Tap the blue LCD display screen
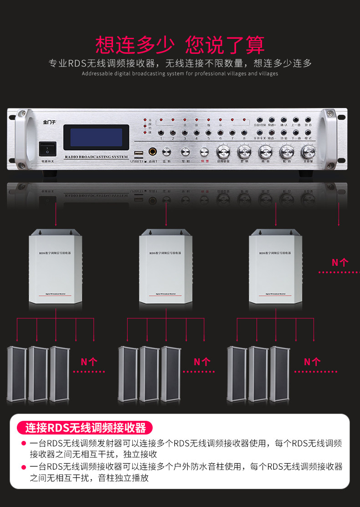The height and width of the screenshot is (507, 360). click(96, 137)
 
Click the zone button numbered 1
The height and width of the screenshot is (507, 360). click(161, 133)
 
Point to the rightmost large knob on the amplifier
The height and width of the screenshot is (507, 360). click(308, 151)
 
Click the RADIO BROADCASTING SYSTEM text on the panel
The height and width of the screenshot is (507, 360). click(96, 156)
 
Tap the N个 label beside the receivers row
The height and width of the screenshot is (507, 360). click(340, 262)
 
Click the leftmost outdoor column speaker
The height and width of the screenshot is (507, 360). click(16, 374)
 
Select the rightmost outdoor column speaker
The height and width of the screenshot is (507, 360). click(279, 374)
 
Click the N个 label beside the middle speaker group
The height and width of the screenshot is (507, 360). click(202, 362)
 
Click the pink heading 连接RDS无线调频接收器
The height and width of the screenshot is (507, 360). click(85, 428)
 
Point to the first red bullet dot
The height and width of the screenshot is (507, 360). click(23, 444)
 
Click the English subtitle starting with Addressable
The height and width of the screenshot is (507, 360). click(180, 73)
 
